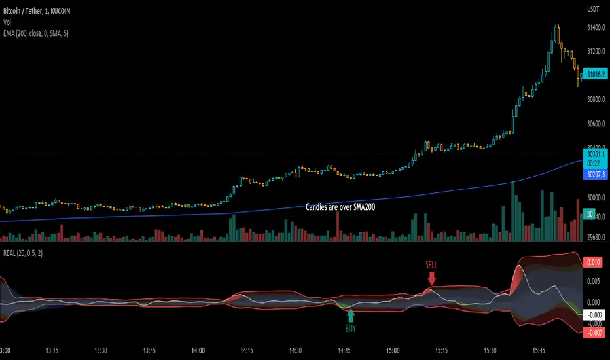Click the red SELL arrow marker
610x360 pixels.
tap(431, 278)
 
